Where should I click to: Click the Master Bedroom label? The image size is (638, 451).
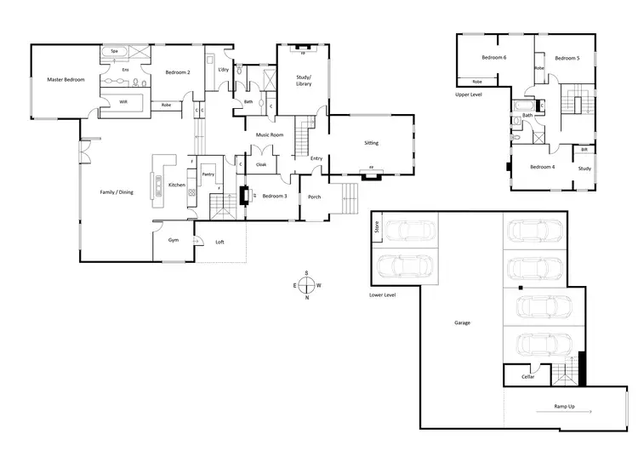[66, 79]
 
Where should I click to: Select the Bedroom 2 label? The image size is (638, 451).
[177, 72]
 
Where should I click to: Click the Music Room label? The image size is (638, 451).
[270, 134]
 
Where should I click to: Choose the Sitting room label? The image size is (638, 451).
[371, 143]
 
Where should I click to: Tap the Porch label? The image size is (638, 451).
[314, 197]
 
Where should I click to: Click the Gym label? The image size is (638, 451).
[174, 241]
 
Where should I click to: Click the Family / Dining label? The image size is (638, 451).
[117, 192]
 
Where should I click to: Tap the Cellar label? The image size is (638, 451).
[527, 376]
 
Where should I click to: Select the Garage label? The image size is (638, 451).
[462, 323]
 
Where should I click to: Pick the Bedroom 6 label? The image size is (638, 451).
[493, 57]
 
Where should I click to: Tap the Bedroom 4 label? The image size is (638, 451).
[542, 167]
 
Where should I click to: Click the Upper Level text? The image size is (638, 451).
[469, 94]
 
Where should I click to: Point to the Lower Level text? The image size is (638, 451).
[383, 295]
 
